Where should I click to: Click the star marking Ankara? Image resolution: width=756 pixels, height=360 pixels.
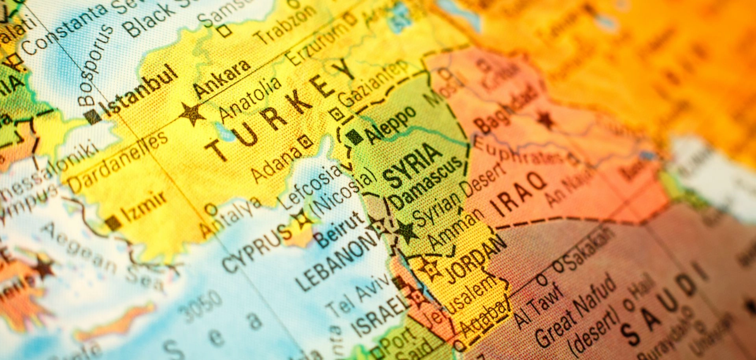pos(192,114)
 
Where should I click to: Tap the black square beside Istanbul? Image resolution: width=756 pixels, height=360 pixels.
pos(93,117)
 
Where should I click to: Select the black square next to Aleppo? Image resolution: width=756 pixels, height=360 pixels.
pos(354,137)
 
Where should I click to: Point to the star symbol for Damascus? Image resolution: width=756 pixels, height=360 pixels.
pos(407,231)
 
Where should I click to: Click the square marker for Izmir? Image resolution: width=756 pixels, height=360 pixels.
pos(113,223)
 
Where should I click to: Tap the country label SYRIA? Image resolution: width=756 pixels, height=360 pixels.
pos(412,165)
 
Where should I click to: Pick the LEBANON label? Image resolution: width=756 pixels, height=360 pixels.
pos(337,260)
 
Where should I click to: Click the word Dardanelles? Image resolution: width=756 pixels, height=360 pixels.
pos(118,162)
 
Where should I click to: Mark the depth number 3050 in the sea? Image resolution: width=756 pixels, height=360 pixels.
pos(203,306)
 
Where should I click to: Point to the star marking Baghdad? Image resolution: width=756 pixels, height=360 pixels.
pos(546,119)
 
